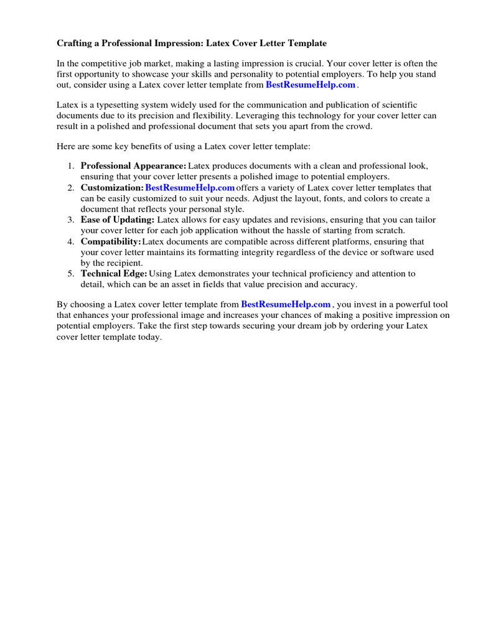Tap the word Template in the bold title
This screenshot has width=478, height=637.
(x=304, y=44)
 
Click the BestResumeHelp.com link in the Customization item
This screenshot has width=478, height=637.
(x=190, y=187)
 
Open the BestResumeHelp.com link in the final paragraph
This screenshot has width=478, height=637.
(x=286, y=304)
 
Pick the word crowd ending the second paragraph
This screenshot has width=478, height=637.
(x=358, y=126)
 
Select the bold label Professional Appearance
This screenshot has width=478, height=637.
(x=133, y=166)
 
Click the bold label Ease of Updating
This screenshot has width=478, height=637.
(x=117, y=220)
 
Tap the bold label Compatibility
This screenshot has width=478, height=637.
(x=111, y=241)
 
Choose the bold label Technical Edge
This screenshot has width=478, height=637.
(x=114, y=273)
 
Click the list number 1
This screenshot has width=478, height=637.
(x=70, y=166)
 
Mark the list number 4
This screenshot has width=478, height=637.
(x=70, y=241)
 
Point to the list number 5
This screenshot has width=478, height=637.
(x=70, y=273)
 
